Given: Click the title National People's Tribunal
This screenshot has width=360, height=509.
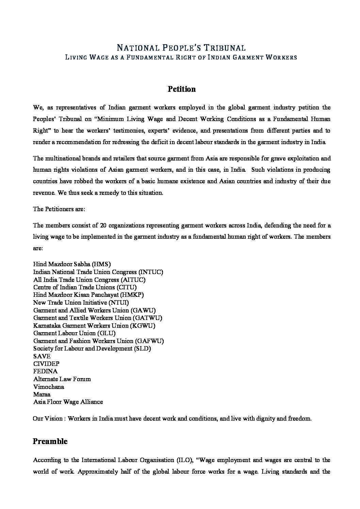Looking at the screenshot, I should click(x=181, y=48).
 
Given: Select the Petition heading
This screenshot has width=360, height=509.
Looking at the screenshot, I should click(x=181, y=89).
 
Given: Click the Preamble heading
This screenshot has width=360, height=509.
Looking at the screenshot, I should click(x=50, y=441).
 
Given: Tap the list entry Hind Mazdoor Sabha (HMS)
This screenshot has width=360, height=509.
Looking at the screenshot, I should click(x=72, y=264).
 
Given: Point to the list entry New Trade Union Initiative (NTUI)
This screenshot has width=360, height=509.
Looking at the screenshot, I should click(x=81, y=302).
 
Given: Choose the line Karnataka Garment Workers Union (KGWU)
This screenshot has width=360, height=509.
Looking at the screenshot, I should click(x=94, y=325).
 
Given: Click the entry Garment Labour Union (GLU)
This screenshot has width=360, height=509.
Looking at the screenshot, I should click(x=74, y=333).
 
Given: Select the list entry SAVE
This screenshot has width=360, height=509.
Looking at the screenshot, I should click(x=42, y=356).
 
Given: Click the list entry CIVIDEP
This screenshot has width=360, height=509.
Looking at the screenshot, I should click(x=46, y=364).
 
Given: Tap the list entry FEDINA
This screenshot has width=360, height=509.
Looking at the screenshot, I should click(x=45, y=371).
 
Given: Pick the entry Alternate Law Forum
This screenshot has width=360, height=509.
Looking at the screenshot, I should click(x=62, y=379).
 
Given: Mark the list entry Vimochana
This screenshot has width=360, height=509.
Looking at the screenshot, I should click(x=48, y=387).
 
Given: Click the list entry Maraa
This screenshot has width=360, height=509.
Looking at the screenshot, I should click(x=42, y=394).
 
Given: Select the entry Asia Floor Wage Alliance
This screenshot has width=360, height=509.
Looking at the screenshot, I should click(x=68, y=402).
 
